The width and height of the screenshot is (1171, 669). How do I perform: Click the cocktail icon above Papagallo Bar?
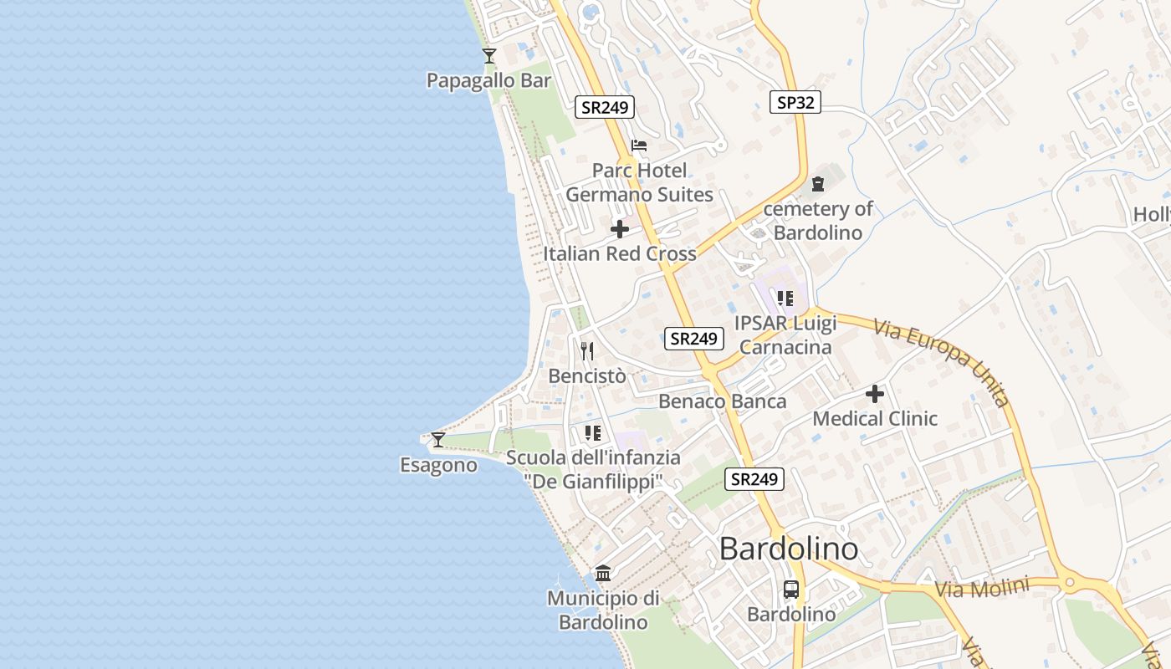pos(489,56)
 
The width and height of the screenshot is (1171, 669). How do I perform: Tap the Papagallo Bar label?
pos(488,80)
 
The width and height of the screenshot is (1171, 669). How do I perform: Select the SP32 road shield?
pos(795,102)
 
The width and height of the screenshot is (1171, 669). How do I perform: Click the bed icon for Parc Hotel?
pos(639,146)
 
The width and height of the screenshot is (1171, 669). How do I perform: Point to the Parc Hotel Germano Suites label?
pos(639,182)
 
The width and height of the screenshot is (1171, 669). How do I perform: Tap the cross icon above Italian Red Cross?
pos(620,229)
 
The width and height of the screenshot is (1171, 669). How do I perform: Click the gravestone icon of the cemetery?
pos(818,184)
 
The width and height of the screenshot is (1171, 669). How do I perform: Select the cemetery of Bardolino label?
pos(817,221)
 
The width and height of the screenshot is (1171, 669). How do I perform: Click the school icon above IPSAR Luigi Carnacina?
pos(785,298)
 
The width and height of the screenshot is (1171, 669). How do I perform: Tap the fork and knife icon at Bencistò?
pos(587,350)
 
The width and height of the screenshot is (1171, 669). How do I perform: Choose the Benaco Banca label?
pos(722,401)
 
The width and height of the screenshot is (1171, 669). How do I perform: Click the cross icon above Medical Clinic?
pos(875,393)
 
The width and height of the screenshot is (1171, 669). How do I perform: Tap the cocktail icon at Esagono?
pos(437,439)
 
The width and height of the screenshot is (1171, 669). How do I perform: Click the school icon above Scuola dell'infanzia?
pos(593,432)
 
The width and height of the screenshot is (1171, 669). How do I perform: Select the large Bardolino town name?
pos(788,549)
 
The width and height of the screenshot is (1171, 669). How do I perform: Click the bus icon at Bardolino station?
pos(791,590)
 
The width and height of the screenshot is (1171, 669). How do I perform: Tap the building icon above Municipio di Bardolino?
pos(603,573)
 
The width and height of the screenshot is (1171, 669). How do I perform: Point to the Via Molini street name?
pos(981,589)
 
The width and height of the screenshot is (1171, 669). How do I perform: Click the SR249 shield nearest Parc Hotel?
pos(605,107)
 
